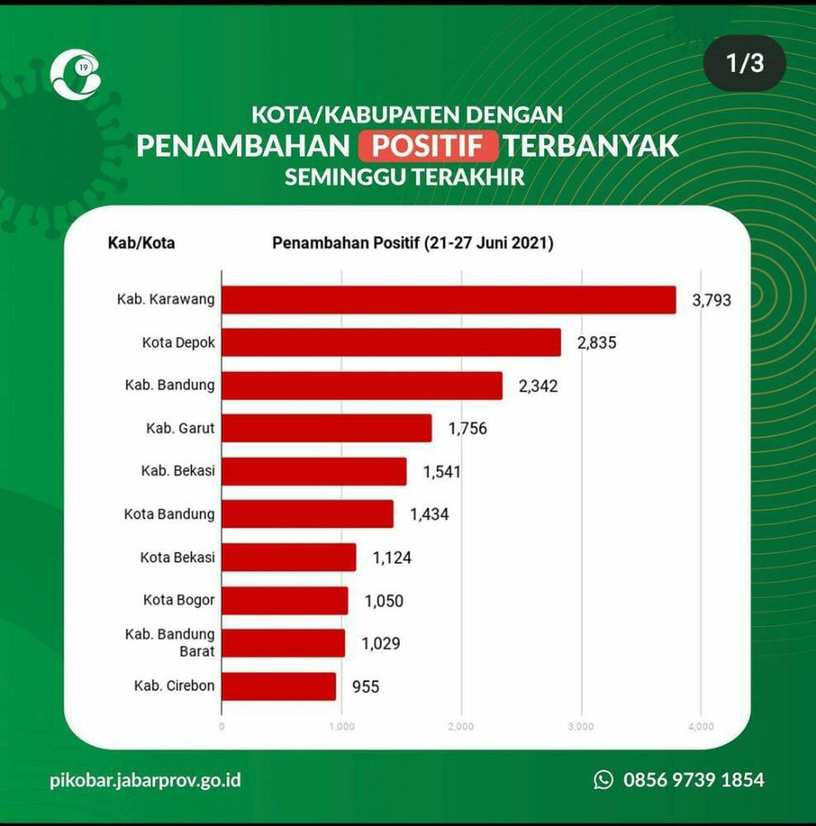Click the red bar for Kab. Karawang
point(448,300)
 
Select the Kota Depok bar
point(391,343)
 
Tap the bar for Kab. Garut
point(327,428)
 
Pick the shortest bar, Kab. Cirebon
point(279,686)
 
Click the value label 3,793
point(712,300)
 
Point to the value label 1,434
point(429,515)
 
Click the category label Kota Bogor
point(178,600)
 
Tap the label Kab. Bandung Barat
point(170,643)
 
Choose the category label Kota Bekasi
point(178,557)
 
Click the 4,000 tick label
point(700,727)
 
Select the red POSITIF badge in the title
point(429,146)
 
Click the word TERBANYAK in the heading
point(591,146)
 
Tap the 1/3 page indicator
point(745,64)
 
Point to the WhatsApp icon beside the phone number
point(604,780)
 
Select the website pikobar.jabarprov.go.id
point(145,780)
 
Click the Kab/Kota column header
point(141,244)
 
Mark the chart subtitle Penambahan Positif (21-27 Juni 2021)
point(413,244)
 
